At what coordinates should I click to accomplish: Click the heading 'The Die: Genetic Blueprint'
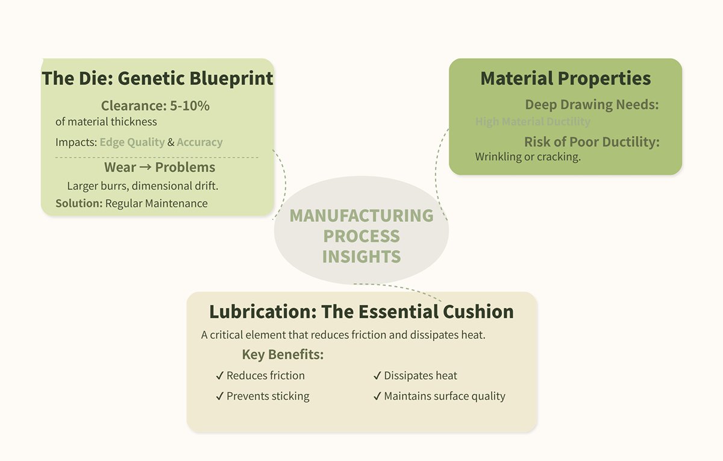(x=157, y=78)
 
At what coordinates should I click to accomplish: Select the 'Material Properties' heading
(x=565, y=78)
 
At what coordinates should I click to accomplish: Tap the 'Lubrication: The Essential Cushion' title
(x=361, y=312)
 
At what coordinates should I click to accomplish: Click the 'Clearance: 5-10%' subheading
(x=155, y=106)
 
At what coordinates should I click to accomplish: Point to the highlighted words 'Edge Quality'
(x=132, y=142)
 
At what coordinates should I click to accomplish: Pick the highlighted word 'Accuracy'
(x=199, y=142)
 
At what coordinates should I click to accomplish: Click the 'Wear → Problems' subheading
(x=159, y=167)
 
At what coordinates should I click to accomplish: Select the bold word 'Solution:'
(x=79, y=203)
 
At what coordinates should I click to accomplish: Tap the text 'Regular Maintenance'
(x=156, y=203)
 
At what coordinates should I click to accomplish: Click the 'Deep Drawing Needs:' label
(x=592, y=104)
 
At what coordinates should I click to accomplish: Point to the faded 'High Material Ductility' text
(x=533, y=122)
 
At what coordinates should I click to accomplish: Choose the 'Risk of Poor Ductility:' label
(x=592, y=142)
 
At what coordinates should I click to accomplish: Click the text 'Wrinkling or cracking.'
(x=528, y=157)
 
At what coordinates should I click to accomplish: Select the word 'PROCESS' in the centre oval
(x=361, y=236)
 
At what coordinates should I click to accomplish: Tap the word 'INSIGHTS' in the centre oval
(x=361, y=256)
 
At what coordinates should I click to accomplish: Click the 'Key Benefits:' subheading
(x=283, y=354)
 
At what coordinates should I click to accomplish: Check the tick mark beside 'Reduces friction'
(x=220, y=376)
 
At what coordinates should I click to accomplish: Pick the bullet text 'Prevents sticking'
(x=268, y=396)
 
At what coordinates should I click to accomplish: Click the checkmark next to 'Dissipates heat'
(x=377, y=376)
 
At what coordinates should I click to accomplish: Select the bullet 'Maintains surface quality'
(x=444, y=396)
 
